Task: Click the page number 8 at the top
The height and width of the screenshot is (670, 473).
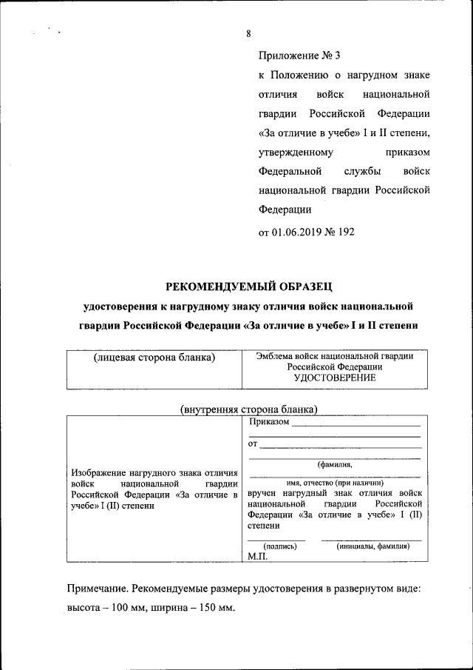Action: tap(249, 33)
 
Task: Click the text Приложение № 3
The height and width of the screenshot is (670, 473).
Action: tap(299, 56)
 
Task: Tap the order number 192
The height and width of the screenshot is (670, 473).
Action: tap(346, 232)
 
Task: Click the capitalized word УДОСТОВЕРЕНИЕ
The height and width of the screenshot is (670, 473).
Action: tap(335, 378)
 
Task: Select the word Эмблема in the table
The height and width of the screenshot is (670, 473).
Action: tap(274, 356)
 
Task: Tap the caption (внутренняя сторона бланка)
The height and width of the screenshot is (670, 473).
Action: tap(249, 409)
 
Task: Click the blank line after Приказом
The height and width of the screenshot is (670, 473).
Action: tap(356, 425)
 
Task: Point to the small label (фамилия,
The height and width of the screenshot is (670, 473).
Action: tap(335, 465)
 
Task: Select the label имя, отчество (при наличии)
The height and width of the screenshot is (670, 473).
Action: tap(335, 483)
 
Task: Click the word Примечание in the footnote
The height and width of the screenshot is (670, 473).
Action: tap(98, 589)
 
